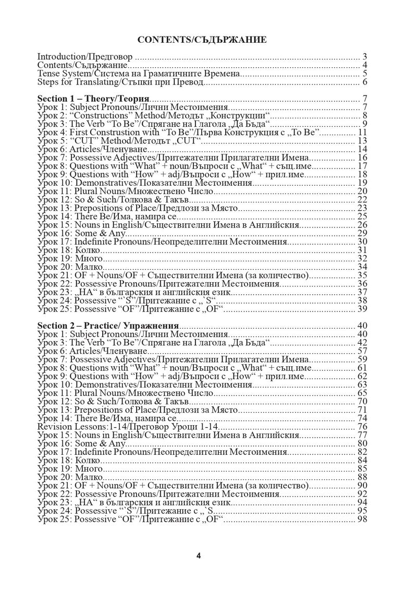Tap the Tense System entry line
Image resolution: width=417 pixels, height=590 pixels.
click(139, 74)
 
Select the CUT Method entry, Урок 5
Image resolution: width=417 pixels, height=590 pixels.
click(120, 141)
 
